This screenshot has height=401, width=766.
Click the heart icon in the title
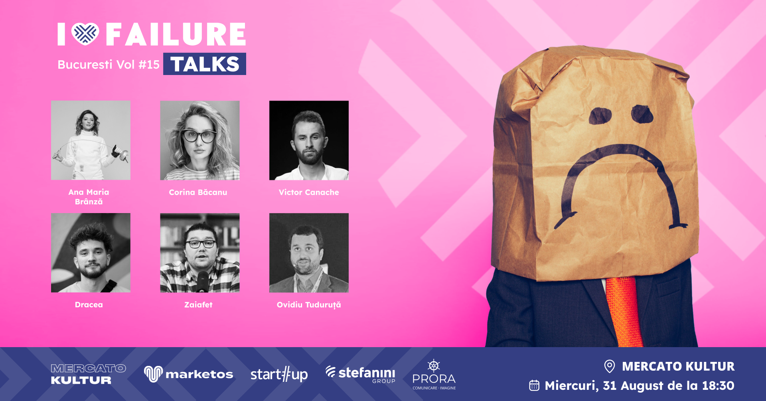85,34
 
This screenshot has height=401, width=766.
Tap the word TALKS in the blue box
205,64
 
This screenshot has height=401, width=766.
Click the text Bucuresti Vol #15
109,65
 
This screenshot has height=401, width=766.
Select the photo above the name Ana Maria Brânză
91,140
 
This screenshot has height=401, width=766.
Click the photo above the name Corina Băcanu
200,140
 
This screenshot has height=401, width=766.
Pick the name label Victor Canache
309,192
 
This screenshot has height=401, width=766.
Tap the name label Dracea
89,305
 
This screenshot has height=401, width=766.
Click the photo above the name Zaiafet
200,253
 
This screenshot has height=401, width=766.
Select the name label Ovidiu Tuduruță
309,305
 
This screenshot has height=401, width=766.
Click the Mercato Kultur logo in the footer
88,374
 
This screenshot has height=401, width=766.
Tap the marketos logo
188,374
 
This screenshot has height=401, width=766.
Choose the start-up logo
279,374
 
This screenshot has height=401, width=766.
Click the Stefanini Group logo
360,374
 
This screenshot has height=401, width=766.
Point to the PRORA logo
434,375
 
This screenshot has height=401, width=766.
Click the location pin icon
609,366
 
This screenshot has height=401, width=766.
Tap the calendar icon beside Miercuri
534,385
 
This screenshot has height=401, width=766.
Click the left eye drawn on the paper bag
600,116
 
